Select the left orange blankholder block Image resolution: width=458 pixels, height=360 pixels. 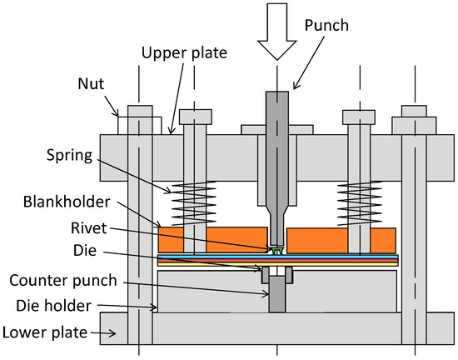click(208, 239)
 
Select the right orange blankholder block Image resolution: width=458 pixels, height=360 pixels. click(341, 239)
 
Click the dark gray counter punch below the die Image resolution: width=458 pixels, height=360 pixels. click(274, 295)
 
